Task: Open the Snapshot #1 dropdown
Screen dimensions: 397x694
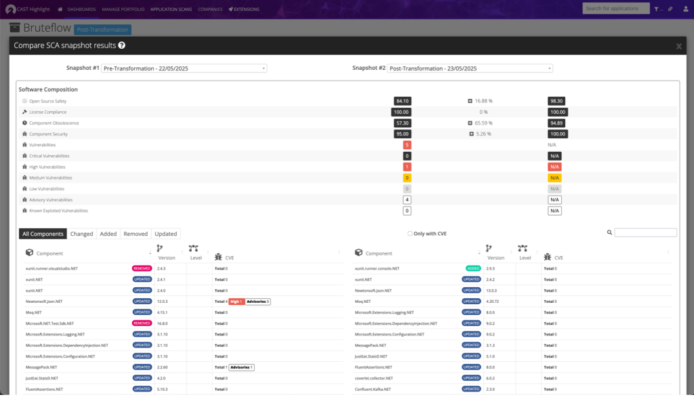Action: (x=184, y=68)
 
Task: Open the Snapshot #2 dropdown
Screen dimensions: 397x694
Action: (x=470, y=68)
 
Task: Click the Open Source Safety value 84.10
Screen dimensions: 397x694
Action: (x=403, y=101)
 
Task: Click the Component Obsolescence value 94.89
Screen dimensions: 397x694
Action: (x=557, y=123)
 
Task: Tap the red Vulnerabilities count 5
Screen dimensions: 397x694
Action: (x=407, y=145)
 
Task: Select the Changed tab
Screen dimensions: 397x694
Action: (x=81, y=234)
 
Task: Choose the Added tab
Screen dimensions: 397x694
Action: (x=108, y=234)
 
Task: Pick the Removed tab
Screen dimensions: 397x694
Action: (x=136, y=234)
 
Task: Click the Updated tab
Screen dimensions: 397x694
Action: (x=166, y=234)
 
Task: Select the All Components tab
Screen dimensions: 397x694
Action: (x=43, y=234)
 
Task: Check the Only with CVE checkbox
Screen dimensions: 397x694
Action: (x=410, y=234)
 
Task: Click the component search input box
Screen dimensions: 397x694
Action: (x=645, y=232)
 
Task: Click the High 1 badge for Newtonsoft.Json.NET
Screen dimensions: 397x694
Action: (x=236, y=301)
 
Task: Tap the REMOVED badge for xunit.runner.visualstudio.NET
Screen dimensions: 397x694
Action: (x=142, y=268)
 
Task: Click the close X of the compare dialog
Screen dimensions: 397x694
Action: (x=679, y=46)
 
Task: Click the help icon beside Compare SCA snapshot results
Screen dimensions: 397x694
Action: (x=122, y=45)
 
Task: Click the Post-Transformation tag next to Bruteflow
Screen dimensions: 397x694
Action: (x=102, y=30)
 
